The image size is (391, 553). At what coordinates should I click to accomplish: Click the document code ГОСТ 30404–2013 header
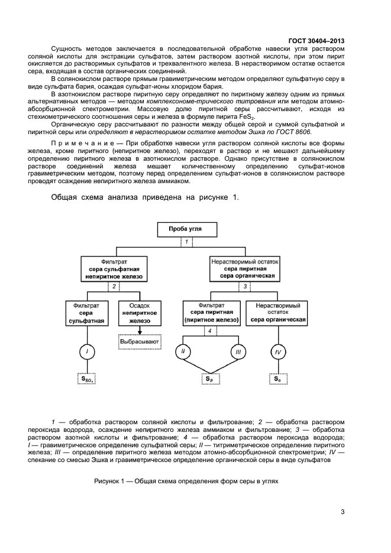click(x=316, y=40)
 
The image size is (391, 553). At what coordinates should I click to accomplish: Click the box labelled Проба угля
click(x=186, y=229)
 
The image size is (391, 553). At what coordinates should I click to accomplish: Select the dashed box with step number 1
click(x=186, y=242)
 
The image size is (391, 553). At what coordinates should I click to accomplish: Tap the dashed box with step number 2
click(x=113, y=287)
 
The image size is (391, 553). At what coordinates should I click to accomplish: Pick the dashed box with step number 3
click(x=244, y=287)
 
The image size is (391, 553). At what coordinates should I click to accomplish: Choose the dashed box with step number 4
click(x=209, y=331)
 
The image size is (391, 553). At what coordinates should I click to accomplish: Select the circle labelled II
click(x=183, y=353)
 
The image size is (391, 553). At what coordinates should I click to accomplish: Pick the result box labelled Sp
click(x=210, y=379)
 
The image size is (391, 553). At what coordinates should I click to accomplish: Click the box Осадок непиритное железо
click(x=140, y=313)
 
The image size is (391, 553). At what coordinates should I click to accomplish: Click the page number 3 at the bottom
click(x=342, y=512)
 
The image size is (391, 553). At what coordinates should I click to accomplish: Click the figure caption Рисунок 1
click(x=186, y=481)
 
